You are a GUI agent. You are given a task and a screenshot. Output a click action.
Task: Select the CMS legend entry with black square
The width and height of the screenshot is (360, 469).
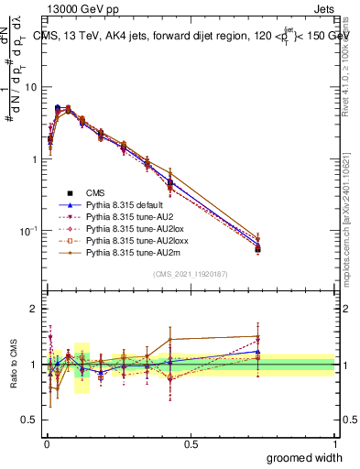[95, 192]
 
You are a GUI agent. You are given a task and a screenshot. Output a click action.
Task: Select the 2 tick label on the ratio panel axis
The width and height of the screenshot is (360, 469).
[35, 309]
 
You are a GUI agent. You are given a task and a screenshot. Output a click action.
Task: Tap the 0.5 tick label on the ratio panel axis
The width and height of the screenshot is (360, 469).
[31, 420]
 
